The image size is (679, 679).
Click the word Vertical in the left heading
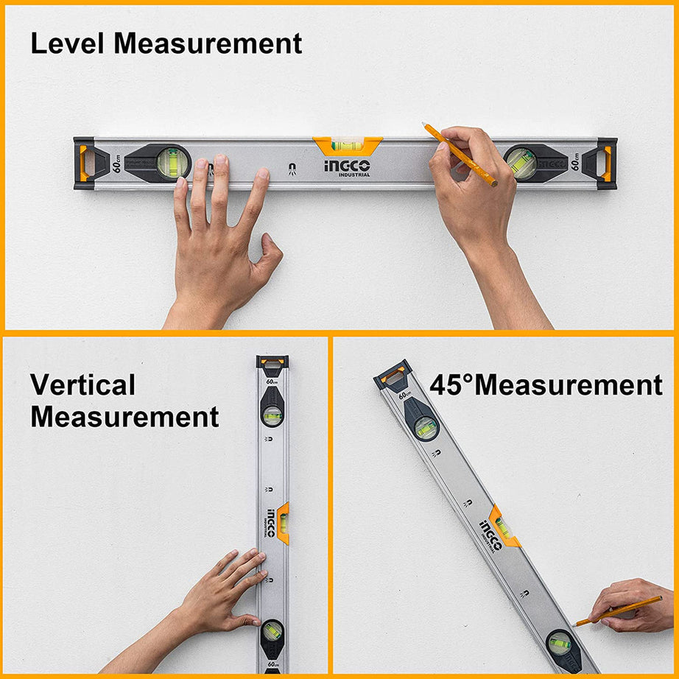[82, 385]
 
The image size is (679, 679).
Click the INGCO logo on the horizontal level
[347, 167]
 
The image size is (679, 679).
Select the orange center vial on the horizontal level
[347, 145]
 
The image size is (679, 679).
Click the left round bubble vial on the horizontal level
[172, 163]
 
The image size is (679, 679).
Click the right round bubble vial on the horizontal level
[521, 163]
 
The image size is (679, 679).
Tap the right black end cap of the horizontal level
[607, 163]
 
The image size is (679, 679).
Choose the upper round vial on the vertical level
[272, 416]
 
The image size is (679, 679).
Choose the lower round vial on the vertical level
[272, 631]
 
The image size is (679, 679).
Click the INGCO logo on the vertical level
[270, 522]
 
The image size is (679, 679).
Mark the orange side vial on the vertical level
[283, 522]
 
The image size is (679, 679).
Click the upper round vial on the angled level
[426, 428]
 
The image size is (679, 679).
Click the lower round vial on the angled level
[559, 641]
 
